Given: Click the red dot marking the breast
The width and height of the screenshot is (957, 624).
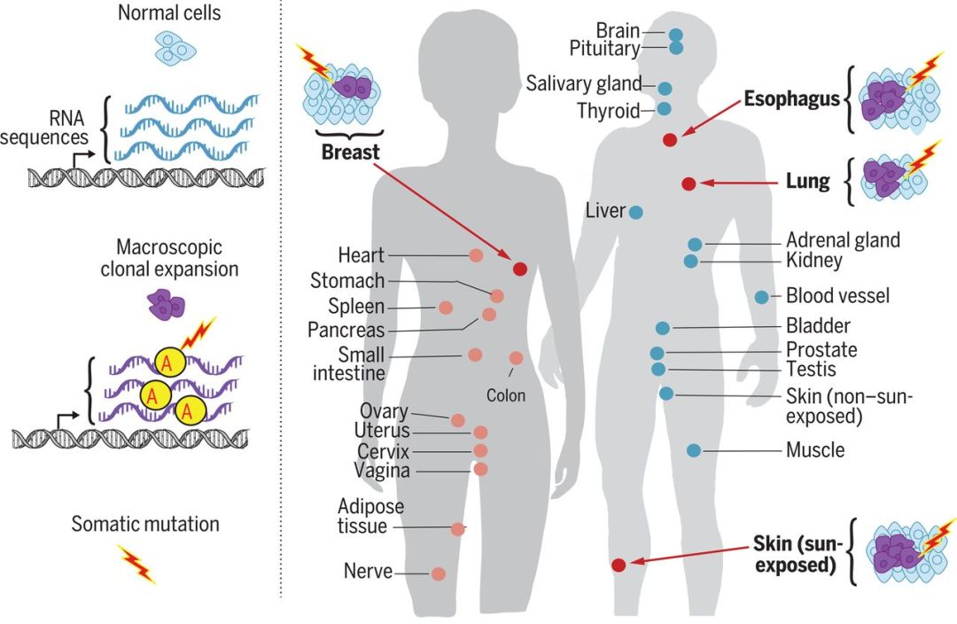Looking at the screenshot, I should pos(520,269).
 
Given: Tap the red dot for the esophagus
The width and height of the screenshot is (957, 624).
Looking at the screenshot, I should pos(670,139).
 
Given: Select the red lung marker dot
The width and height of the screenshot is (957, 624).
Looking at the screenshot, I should pos(689,183).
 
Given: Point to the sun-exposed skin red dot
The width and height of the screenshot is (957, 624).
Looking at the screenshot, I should pos(619,565).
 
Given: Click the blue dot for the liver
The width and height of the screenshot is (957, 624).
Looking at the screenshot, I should pos(635,212).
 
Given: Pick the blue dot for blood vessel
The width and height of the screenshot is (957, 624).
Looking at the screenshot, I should pos(762,296).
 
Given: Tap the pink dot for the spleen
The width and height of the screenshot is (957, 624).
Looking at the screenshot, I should pos(446,308).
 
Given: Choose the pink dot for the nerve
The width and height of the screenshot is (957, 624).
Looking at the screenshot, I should pos(438,573).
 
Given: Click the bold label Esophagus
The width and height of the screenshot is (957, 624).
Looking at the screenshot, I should pos(791,98).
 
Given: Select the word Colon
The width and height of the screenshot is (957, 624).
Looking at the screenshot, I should pos(506,396).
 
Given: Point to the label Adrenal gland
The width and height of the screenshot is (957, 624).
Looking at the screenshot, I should pos(843,240).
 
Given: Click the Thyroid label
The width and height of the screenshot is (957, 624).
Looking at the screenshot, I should pos(608,111).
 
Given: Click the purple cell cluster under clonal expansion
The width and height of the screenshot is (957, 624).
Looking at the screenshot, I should pos(165,306).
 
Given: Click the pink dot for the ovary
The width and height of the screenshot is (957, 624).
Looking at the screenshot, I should pos(458,420).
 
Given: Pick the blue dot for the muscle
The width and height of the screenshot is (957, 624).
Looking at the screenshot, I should pos(694,450).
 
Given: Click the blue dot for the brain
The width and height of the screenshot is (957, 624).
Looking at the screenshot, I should pos(675,35).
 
